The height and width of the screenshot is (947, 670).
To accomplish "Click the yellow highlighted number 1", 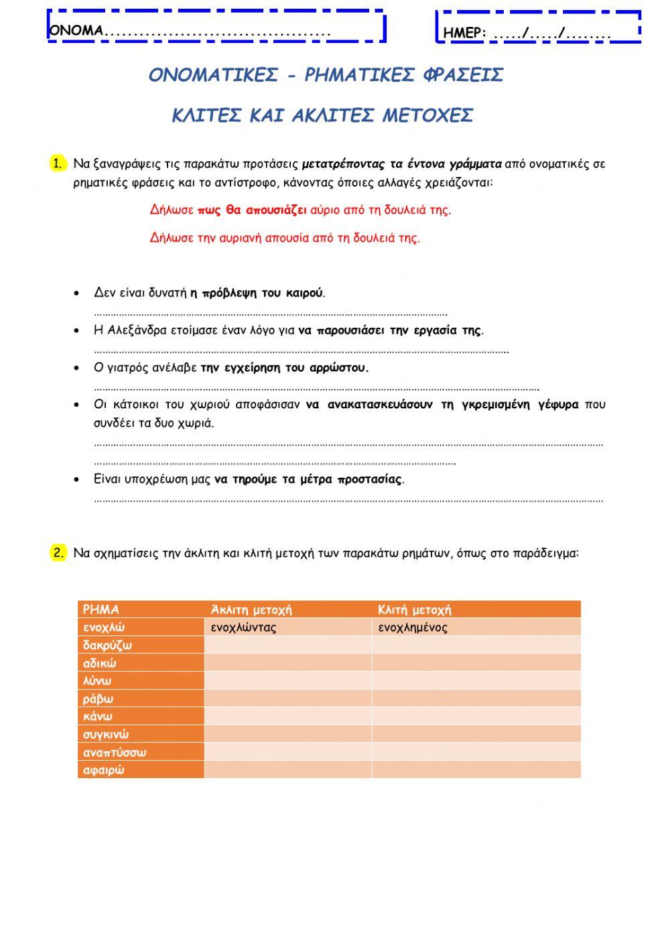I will [58, 164].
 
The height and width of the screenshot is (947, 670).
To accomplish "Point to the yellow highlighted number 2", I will [58, 553].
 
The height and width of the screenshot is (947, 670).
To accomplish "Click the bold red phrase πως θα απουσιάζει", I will [252, 210].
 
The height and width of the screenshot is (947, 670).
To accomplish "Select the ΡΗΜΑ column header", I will [100, 609].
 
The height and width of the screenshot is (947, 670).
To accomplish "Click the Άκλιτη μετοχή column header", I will [251, 609].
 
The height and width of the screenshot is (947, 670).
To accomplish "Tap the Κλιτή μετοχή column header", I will [414, 609].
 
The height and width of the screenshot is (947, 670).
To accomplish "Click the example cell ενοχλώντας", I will [243, 627].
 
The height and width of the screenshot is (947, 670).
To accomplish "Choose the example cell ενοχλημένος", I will [413, 627].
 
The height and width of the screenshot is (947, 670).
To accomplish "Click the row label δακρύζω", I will [107, 645].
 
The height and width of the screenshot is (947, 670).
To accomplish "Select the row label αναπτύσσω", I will [115, 752].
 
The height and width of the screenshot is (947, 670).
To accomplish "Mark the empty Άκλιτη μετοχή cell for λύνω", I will [287, 681].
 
